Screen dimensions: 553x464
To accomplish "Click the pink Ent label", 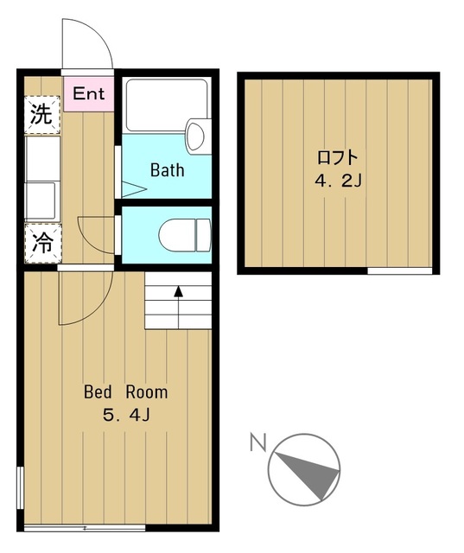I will point(88,93).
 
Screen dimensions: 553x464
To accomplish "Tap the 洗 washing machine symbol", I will point(41,116).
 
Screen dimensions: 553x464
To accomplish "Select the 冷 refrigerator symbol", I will point(41,244).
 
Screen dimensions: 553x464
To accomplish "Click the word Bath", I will point(167,169).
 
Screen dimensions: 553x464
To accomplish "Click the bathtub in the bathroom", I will point(164,105).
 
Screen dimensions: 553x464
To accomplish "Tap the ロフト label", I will point(337,158).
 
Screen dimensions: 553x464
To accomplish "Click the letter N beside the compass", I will point(257,443).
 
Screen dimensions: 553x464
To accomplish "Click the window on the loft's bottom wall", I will point(399,271).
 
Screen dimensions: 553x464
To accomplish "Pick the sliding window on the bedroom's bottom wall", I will point(85,526).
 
